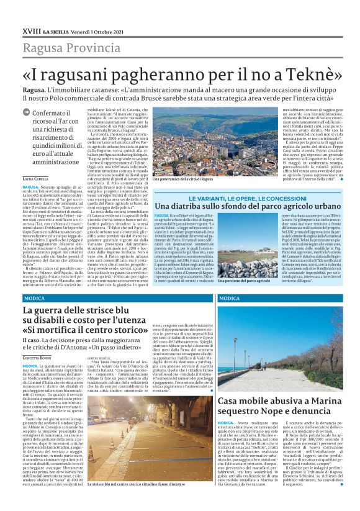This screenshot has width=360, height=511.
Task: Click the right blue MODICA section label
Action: [x=230, y=299]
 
